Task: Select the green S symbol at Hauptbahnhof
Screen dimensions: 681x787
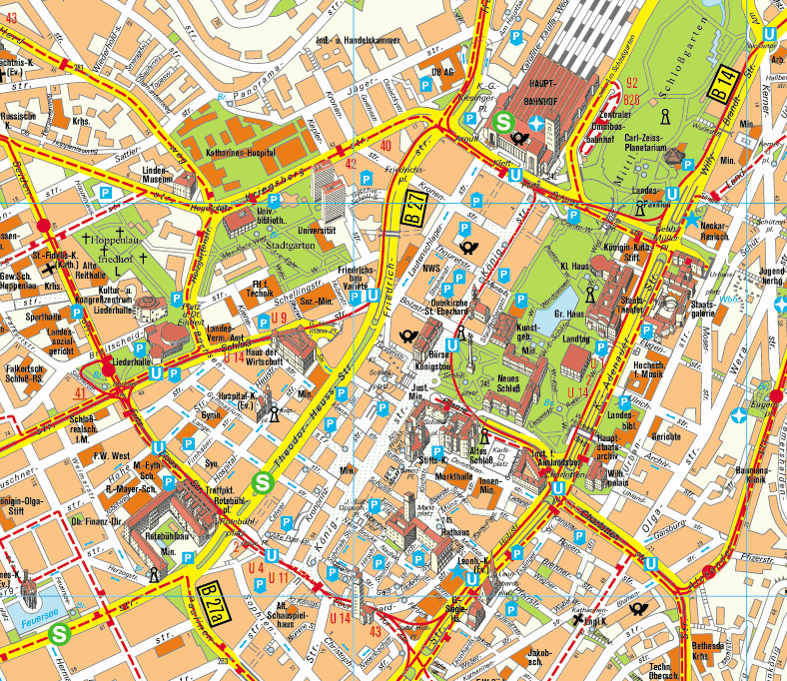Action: point(504,125)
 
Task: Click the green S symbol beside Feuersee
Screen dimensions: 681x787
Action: point(61,632)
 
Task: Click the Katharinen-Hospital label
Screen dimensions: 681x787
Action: point(241,156)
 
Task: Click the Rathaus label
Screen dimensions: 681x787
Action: point(456,532)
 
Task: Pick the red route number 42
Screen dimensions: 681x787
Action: point(349,163)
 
